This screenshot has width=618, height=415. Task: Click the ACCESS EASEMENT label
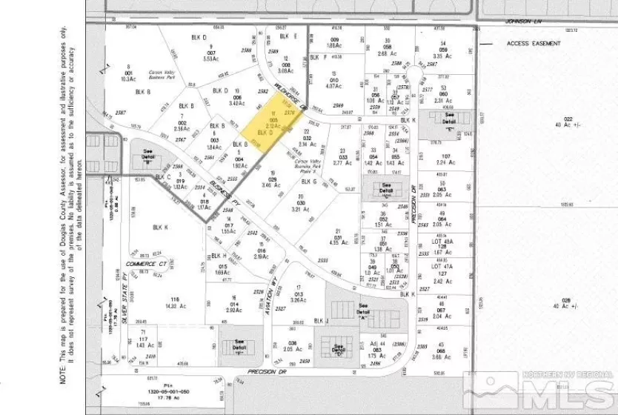point(534,44)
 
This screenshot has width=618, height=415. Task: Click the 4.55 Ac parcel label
point(337,242)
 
